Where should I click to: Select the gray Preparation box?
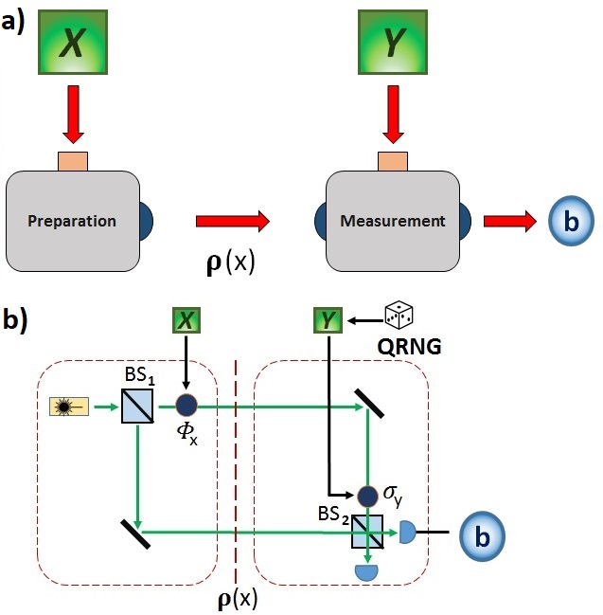coord(72,220)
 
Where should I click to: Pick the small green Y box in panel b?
coord(328,321)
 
